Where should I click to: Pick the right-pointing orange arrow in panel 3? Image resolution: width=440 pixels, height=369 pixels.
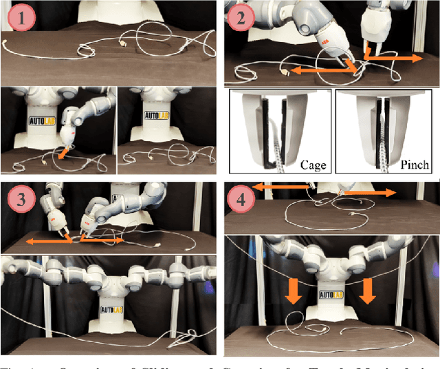click(x=103, y=242)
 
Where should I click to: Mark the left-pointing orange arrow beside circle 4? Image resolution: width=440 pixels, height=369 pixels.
click(x=278, y=186)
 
